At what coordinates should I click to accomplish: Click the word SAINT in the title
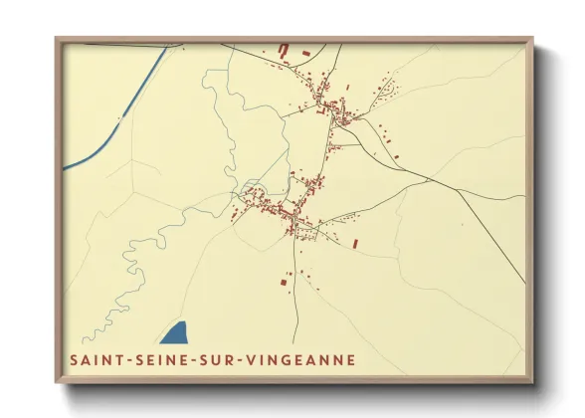point(95,359)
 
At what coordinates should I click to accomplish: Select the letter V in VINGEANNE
point(237,359)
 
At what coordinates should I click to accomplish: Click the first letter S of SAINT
point(73,359)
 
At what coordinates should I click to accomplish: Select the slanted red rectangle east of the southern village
point(354,243)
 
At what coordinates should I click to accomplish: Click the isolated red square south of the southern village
point(281,285)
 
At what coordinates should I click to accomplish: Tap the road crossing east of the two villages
point(429,180)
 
